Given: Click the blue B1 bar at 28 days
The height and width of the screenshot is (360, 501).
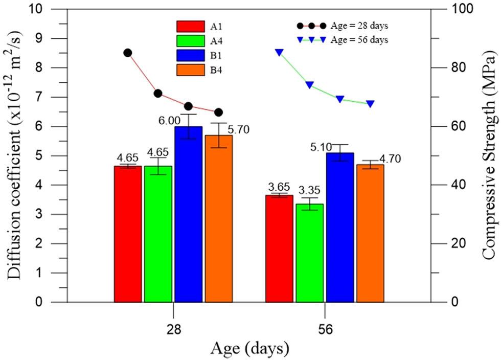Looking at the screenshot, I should [189, 214].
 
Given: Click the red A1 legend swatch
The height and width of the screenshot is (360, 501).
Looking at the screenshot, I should [191, 26].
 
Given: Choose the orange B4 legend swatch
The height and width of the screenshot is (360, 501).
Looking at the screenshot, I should [191, 71].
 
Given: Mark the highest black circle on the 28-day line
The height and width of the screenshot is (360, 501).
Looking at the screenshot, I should [128, 53].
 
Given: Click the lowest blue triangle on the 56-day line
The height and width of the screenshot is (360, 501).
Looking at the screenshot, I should [371, 104].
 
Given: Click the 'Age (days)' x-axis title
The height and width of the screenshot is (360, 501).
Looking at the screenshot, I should [249, 350].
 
